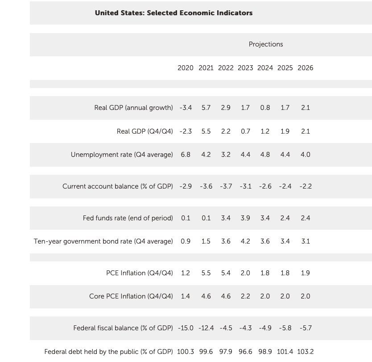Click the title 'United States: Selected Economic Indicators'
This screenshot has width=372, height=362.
(x=174, y=13)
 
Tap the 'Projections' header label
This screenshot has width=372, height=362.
(x=266, y=44)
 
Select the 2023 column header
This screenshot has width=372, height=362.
(x=245, y=68)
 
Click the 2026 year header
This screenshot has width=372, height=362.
(x=306, y=68)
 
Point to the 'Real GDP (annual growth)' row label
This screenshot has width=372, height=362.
(x=133, y=108)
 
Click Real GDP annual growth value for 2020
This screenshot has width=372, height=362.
(x=186, y=108)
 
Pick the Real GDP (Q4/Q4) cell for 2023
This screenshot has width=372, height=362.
(x=245, y=131)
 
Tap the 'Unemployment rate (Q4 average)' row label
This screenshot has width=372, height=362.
(x=122, y=155)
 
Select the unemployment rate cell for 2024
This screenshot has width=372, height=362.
(x=265, y=155)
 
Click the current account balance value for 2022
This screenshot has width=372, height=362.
(x=226, y=186)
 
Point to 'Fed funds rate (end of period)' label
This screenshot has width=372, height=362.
(x=128, y=218)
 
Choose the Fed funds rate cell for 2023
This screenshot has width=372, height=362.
(x=245, y=218)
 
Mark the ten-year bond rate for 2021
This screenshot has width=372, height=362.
(x=206, y=241)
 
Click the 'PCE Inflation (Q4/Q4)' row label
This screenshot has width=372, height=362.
(x=140, y=273)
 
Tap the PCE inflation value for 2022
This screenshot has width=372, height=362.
(x=226, y=273)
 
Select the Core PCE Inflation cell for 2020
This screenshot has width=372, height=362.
(x=185, y=296)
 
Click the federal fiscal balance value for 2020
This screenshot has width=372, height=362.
(x=186, y=328)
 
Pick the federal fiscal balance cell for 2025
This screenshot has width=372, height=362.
(x=285, y=328)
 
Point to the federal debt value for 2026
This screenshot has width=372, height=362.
(x=306, y=352)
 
